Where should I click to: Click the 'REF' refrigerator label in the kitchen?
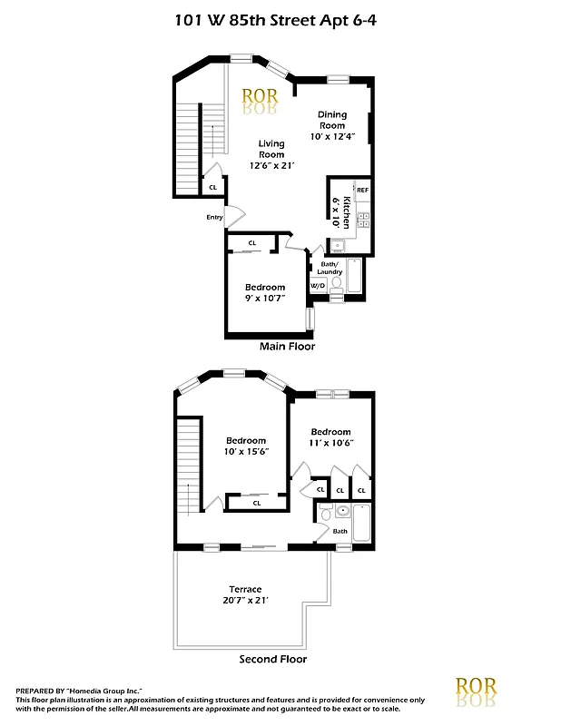[362, 190]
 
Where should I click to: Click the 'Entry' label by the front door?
[214, 217]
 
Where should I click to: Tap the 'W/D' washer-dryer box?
[318, 285]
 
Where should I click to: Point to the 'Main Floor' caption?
[287, 346]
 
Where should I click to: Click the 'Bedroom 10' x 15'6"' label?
[245, 446]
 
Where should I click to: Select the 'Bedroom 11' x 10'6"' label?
[330, 437]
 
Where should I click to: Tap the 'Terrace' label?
[245, 590]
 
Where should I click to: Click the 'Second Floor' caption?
[272, 660]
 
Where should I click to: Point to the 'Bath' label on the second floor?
[340, 531]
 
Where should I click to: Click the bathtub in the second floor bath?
[361, 524]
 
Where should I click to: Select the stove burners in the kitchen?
[363, 219]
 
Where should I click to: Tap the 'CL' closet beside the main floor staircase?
[212, 187]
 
